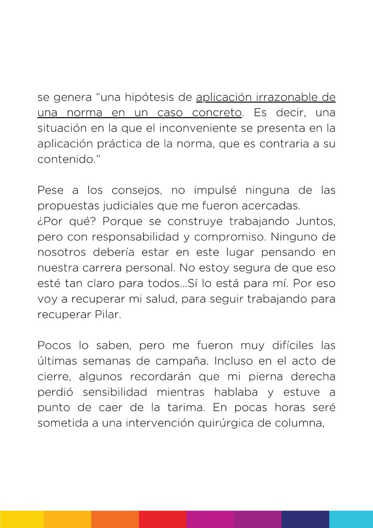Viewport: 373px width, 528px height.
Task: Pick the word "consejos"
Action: (x=137, y=191)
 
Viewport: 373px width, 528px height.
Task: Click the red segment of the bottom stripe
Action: (x=163, y=519)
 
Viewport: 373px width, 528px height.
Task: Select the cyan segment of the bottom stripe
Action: (x=351, y=519)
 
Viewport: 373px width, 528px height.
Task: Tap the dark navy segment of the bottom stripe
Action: (x=305, y=519)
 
